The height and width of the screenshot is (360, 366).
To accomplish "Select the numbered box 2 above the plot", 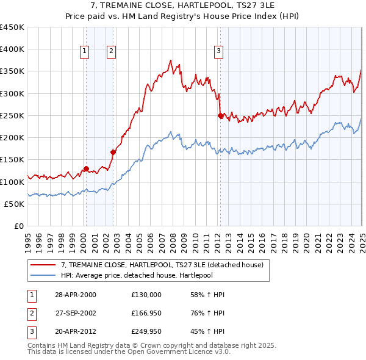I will click(x=112, y=51).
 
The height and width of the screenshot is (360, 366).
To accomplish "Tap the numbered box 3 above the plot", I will click(x=218, y=51).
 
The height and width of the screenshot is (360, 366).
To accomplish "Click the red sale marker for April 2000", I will click(x=86, y=168).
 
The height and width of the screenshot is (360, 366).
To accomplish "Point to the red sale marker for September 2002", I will click(x=113, y=152).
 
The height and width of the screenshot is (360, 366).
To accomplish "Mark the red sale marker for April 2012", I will click(x=220, y=115).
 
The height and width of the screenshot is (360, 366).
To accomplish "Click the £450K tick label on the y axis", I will click(x=12, y=27).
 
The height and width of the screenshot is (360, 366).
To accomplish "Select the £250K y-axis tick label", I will click(x=12, y=115).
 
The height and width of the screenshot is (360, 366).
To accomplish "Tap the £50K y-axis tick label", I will click(x=15, y=204).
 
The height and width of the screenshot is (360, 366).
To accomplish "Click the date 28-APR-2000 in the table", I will click(x=76, y=295).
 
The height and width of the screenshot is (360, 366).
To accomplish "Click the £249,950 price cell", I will click(x=146, y=333).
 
